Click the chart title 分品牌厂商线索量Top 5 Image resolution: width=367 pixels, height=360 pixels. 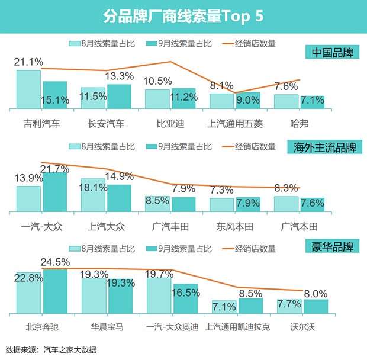point(183,15)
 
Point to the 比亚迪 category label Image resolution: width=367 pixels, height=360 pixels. point(157,124)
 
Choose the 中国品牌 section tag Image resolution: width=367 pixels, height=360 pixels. point(333,53)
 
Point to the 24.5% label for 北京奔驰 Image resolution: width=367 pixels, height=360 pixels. point(55,261)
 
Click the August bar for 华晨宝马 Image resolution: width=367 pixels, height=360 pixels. point(94,296)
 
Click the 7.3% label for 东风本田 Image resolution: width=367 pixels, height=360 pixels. point(221,190)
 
